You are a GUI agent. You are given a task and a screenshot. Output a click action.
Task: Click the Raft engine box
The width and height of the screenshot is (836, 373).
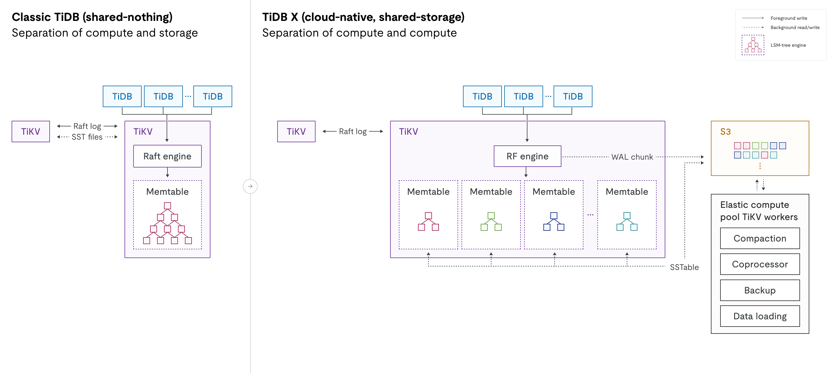[167, 156]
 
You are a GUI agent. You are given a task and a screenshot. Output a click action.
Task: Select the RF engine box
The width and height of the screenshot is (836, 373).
[527, 156]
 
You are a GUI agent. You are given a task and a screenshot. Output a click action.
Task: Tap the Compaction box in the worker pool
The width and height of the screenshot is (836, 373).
[759, 238]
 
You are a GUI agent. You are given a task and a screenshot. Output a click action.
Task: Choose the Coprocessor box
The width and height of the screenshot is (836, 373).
[759, 264]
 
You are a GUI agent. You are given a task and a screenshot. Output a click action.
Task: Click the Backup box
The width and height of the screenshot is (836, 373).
[759, 290]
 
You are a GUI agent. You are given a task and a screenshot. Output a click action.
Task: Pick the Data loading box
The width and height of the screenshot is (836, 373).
[759, 316]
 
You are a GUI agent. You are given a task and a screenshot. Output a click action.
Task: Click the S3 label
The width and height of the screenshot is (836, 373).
[725, 131]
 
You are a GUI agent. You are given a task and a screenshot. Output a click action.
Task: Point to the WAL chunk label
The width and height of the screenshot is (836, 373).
[632, 157]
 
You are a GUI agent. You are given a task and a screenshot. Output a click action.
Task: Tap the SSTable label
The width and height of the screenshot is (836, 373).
[684, 267]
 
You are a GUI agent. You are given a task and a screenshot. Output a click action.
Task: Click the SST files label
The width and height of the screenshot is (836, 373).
[87, 137]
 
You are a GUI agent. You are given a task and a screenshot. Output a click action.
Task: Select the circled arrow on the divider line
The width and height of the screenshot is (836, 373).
[250, 186]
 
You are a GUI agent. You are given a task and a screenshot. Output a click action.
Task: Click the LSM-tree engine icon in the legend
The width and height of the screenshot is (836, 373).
[753, 45]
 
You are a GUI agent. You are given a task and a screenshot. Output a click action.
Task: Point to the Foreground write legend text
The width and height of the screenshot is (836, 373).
[789, 18]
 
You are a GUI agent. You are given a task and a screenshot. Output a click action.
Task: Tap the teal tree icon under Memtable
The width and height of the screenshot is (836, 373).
[627, 221]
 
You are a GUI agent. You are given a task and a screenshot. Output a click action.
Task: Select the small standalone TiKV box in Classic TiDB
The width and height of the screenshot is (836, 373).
[30, 131]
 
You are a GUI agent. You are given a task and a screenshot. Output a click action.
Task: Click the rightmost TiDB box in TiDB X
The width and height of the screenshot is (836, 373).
[572, 96]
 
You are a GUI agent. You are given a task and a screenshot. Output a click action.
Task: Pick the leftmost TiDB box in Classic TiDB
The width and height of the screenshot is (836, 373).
[122, 96]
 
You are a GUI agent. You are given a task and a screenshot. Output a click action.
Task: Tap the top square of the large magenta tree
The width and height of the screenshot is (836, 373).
[167, 206]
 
